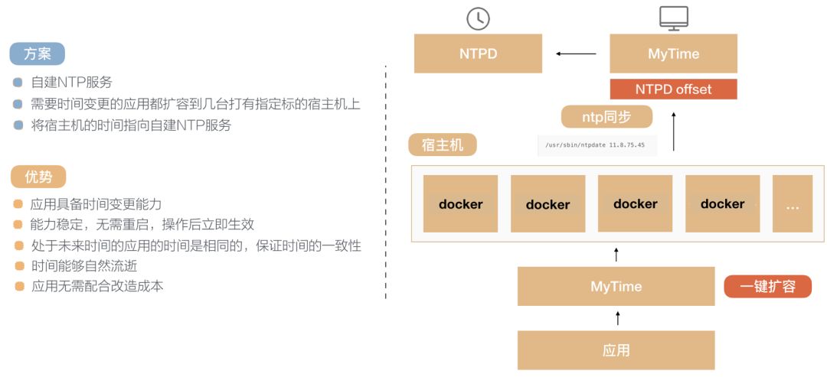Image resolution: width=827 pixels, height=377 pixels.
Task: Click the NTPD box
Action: click(478, 54)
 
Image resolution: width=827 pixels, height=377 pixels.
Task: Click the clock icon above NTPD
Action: click(478, 18)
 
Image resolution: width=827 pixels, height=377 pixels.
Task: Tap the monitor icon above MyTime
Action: click(673, 18)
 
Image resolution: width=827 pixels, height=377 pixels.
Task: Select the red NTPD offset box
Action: click(673, 89)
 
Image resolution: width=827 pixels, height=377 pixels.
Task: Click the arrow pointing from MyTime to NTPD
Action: click(576, 54)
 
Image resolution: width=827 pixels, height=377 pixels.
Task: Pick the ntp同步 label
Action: click(606, 117)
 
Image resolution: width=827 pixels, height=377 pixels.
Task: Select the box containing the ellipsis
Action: click(792, 203)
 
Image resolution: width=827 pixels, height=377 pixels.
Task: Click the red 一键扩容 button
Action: click(767, 287)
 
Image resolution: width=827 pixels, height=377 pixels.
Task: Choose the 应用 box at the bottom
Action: click(616, 350)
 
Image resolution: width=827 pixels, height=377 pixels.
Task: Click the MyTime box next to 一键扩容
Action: click(616, 287)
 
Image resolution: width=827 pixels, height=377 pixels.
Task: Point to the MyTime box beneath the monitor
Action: click(673, 54)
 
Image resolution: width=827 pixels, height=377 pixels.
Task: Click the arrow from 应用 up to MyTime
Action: click(617, 318)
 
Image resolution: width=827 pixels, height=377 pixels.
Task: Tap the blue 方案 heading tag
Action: click(37, 54)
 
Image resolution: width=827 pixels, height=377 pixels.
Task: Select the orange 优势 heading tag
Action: click(38, 177)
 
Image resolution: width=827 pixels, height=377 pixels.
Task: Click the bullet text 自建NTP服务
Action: click(71, 83)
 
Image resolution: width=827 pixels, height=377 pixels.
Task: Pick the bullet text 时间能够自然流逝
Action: click(84, 266)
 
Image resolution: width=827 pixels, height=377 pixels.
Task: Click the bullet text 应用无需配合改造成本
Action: click(96, 287)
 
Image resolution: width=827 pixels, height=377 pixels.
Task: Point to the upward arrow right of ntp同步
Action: click(674, 131)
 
